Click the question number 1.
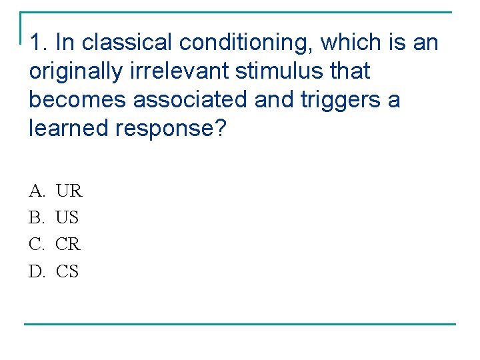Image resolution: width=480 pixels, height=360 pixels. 39,43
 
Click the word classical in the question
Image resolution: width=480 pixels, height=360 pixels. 126,43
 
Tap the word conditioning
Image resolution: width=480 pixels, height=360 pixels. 245,43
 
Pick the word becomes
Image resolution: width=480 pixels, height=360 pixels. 78,100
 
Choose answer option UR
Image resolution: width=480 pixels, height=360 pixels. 69,191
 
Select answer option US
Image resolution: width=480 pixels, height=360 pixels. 67,218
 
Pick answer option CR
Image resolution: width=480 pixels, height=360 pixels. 68,245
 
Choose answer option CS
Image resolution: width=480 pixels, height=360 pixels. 67,271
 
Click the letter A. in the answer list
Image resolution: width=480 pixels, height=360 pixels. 37,191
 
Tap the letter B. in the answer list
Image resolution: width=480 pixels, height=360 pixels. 36,218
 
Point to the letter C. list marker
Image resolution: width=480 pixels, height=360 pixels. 36,245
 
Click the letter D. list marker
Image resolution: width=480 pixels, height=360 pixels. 37,271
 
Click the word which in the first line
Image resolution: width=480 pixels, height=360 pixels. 349,43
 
